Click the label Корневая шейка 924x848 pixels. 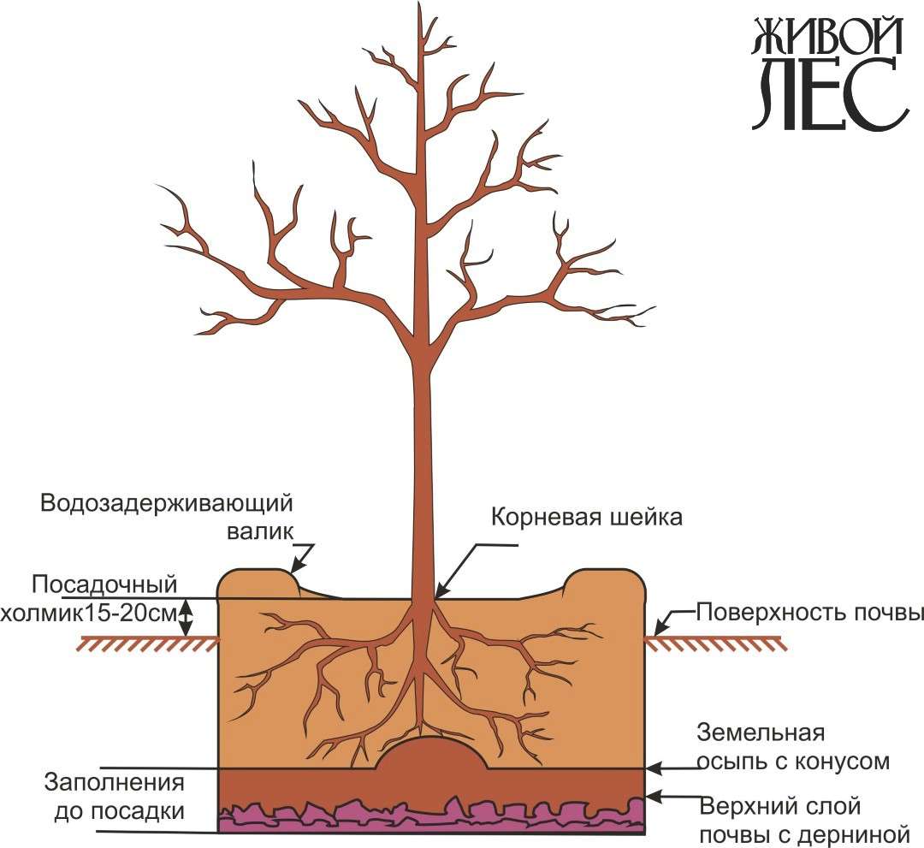[586, 518]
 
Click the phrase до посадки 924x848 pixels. [115, 809]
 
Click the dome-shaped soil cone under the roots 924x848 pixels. [433, 755]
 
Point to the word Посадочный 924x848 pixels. [104, 585]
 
